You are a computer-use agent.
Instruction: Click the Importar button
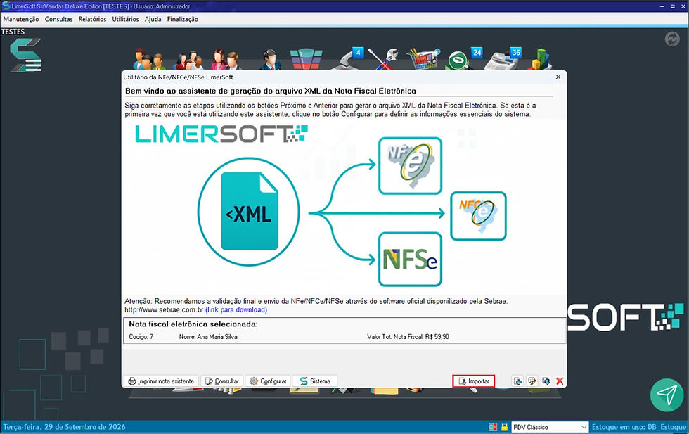473,381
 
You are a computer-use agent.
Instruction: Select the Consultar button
222,381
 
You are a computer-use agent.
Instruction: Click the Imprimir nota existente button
161,381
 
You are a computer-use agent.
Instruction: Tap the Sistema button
315,381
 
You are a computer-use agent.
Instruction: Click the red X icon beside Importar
560,381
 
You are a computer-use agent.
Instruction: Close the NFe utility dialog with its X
558,77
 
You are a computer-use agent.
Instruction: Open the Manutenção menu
21,20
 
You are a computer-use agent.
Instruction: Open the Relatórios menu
92,20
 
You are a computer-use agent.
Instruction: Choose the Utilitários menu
125,20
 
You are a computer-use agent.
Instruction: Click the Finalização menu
182,20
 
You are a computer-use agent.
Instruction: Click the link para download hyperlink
236,310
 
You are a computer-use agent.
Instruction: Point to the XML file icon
249,211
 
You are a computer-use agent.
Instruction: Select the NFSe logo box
410,260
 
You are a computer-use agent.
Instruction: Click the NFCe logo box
479,216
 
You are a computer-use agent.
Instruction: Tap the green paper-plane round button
667,395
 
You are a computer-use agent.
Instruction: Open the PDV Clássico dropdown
550,427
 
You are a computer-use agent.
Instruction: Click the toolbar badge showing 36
516,53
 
